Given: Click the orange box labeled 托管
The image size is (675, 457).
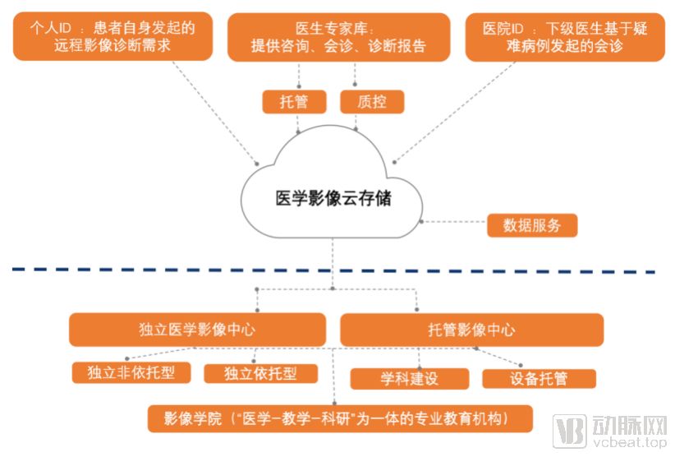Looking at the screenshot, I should point(294,102).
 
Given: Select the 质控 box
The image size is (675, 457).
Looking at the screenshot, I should point(361,102).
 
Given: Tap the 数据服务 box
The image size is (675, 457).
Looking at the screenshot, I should point(532,225).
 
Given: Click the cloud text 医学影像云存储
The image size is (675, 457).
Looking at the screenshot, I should point(333,198).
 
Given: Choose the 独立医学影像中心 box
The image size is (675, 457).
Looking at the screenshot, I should point(197,330).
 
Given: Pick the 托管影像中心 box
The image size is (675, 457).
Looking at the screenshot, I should point(471,330).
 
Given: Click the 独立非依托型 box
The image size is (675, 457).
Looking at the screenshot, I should point(131,373).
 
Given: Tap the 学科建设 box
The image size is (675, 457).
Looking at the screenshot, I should point(409,379).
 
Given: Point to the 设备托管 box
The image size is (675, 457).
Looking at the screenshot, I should point(538,379).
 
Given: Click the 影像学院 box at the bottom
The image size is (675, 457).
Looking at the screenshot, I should point(339,418).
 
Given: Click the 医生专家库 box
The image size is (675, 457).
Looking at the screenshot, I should point(338,37).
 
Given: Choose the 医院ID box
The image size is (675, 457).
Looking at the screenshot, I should point(565,37).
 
